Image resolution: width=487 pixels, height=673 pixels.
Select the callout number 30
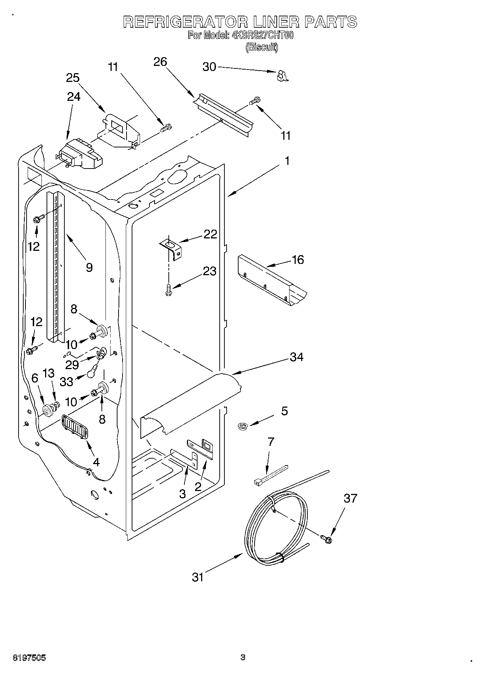click(209, 67)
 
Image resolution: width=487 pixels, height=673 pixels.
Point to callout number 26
click(160, 62)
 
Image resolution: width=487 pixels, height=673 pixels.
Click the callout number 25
click(73, 78)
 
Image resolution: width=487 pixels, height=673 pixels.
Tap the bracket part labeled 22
click(172, 248)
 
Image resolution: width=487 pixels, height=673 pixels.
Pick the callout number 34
click(296, 357)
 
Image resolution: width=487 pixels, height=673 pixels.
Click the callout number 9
click(89, 268)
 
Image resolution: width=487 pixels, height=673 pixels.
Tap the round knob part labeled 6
click(47, 410)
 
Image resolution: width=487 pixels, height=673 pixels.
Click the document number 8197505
click(29, 658)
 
